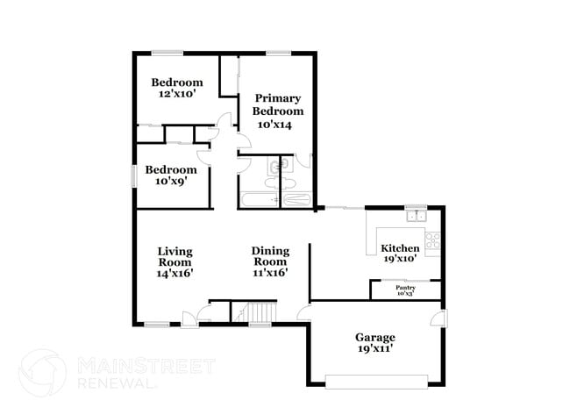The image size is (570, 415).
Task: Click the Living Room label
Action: click(175, 256)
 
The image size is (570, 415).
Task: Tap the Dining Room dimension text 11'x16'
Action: click(270, 273)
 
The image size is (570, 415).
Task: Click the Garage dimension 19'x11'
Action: click(374, 348)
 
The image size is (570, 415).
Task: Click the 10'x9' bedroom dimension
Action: click(170, 182)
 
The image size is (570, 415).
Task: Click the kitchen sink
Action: click(415, 215)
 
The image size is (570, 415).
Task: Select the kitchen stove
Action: click(432, 238)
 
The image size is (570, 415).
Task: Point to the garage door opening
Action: click(376, 382)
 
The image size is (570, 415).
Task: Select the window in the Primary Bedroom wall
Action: click(278, 54)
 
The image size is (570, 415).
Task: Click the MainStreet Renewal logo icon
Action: click(42, 372)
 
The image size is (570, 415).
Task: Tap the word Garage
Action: click(374, 337)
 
